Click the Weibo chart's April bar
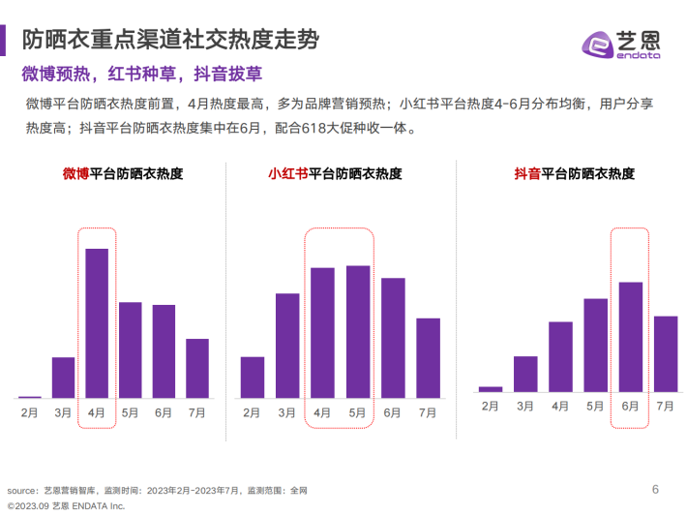click(x=97, y=322)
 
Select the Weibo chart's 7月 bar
click(x=197, y=368)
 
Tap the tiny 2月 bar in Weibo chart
click(x=30, y=396)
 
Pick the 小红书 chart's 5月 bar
click(x=358, y=331)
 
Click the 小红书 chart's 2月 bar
click(x=252, y=377)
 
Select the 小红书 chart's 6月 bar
click(x=393, y=338)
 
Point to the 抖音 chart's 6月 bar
click(x=631, y=336)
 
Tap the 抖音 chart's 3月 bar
click(x=525, y=373)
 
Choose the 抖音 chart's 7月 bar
click(x=666, y=353)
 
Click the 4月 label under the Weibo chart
click(x=97, y=412)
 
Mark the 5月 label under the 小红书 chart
click(x=358, y=412)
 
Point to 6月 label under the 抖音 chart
click(x=631, y=407)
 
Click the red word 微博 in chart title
click(x=76, y=174)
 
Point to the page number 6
click(x=655, y=488)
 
